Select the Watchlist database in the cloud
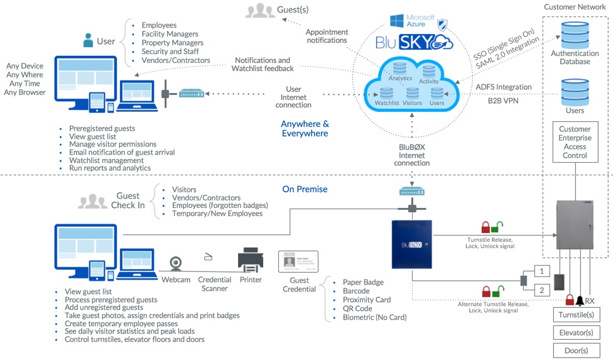pyautogui.click(x=386, y=94)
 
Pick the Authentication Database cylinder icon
pyautogui.click(x=575, y=35)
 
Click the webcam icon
pyautogui.click(x=175, y=263)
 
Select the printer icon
pyautogui.click(x=250, y=259)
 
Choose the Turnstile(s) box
pyautogui.click(x=574, y=314)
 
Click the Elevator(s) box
pyautogui.click(x=574, y=332)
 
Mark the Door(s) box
pyautogui.click(x=574, y=351)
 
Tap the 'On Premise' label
pyautogui.click(x=305, y=189)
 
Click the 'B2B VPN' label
pyautogui.click(x=506, y=99)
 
